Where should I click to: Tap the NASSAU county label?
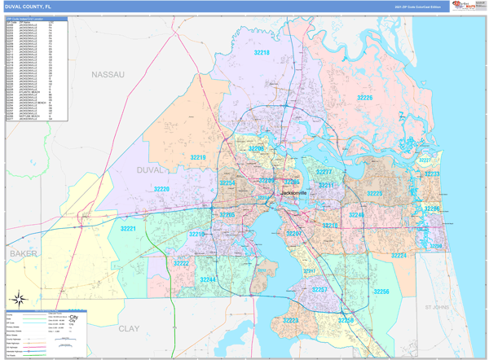108,74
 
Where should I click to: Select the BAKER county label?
24,254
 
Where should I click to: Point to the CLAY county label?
130,328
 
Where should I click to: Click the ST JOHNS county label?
437,308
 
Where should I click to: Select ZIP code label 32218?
261,52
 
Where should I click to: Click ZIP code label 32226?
364,98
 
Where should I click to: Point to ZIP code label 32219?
198,157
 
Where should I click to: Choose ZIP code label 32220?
161,189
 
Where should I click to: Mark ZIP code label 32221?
128,229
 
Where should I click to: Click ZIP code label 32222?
181,263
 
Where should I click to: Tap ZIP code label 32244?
208,279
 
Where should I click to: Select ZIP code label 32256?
381,292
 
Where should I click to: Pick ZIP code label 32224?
399,255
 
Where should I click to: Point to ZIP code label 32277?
324,172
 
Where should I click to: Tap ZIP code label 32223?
290,320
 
